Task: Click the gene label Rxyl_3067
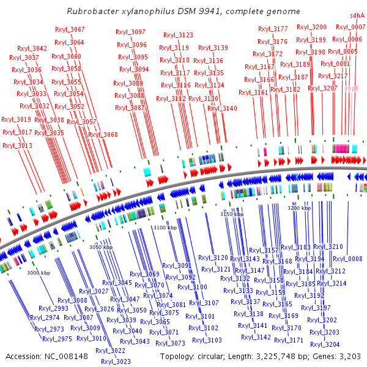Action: coord(70,29)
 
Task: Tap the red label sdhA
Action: coord(357,15)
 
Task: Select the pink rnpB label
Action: coord(352,88)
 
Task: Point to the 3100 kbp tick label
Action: coord(165,228)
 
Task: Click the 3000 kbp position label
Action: coord(38,273)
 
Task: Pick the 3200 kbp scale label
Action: coord(299,209)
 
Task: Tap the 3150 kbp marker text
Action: coord(232,215)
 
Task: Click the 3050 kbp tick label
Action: coord(101,247)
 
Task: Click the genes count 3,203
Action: coord(354,356)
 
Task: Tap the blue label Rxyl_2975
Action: coord(57,339)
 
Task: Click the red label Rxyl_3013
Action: coord(17,146)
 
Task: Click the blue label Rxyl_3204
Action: coord(325,344)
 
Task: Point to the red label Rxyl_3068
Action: coord(103,135)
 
